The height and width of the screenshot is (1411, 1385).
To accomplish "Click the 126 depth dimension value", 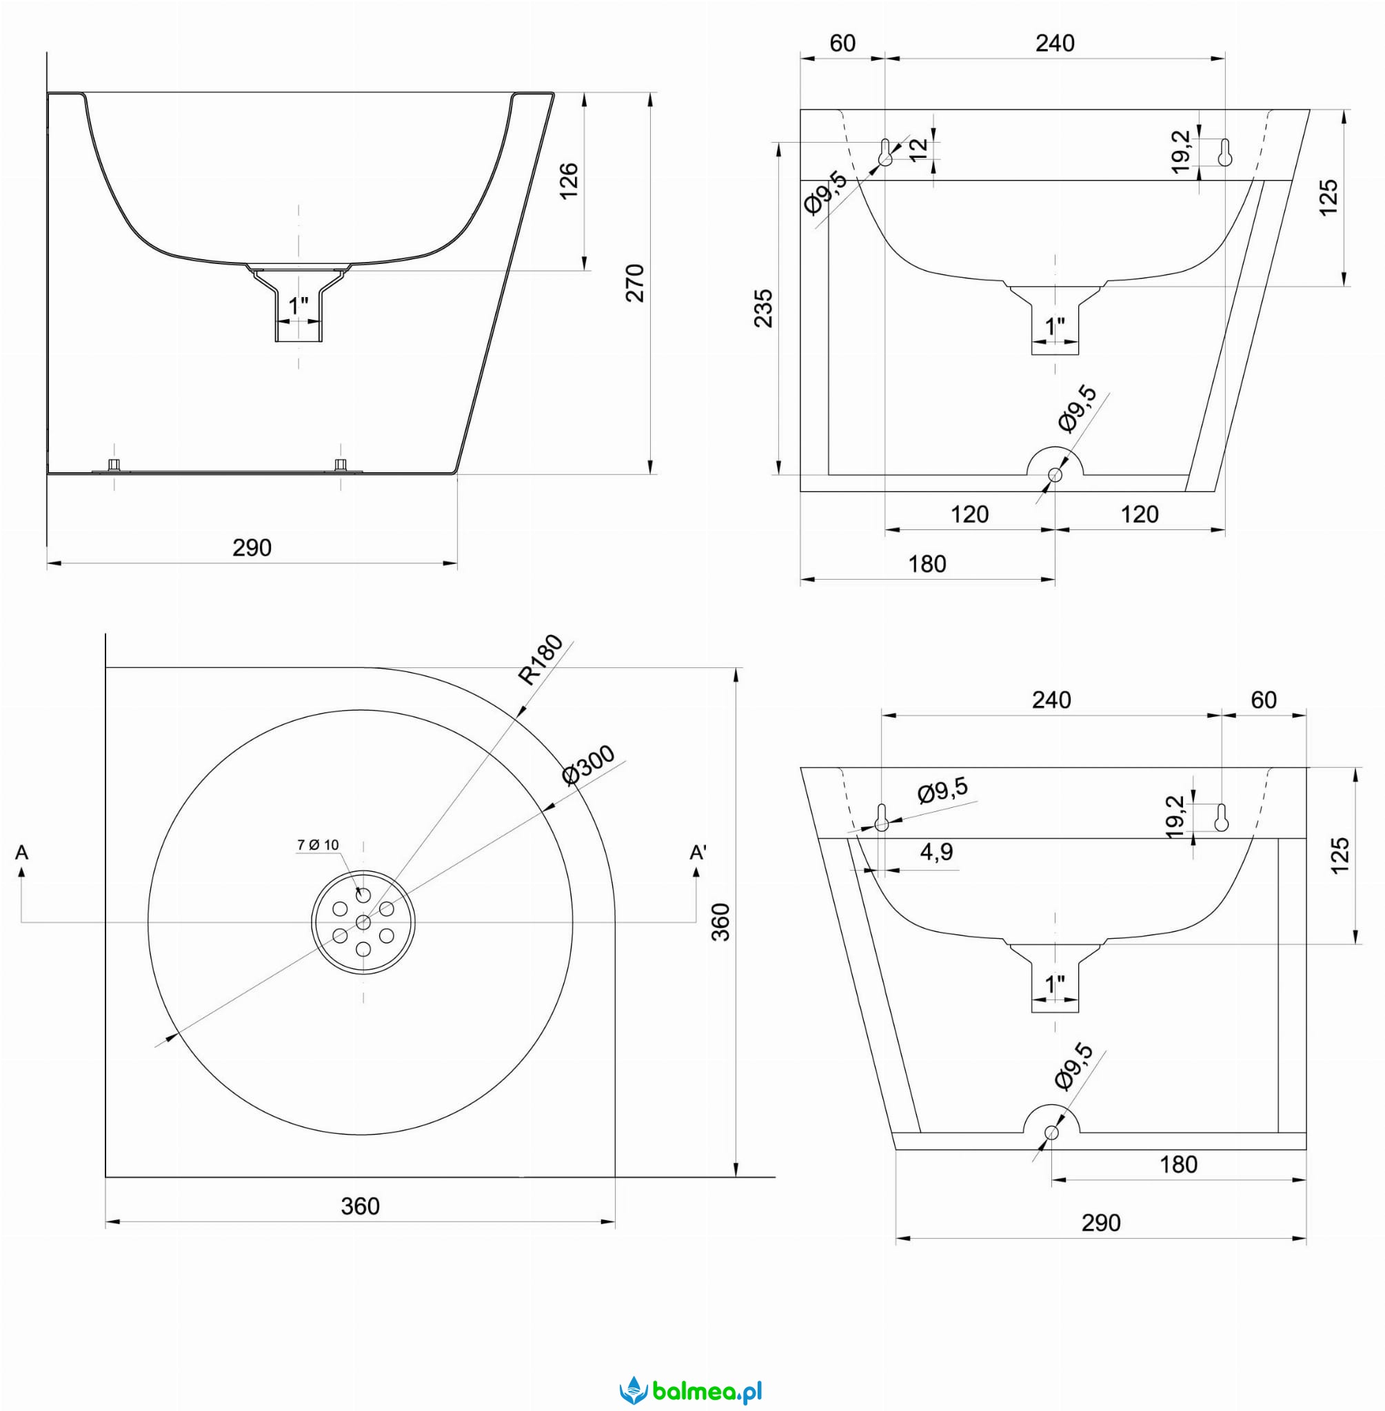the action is click(569, 181).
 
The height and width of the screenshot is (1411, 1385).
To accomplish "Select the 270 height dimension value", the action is click(635, 283).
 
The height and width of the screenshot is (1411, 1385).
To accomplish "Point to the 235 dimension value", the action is click(763, 308).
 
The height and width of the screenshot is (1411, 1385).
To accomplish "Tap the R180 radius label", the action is click(541, 660).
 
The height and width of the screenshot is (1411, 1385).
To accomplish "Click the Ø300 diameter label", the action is click(589, 765).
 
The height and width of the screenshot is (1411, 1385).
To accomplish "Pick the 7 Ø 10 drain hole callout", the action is click(318, 844).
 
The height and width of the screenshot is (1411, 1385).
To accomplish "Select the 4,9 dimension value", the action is click(937, 851).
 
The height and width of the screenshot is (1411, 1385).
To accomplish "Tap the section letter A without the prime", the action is click(22, 852).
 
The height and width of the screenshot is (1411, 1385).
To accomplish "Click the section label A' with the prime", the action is click(698, 852).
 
